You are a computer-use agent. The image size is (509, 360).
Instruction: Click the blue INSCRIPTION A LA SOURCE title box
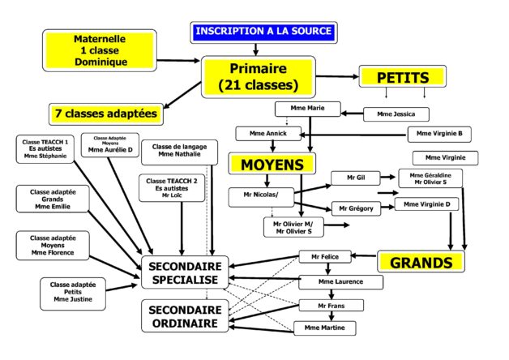[x=264, y=32]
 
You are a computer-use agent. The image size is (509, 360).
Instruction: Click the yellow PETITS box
[x=403, y=78]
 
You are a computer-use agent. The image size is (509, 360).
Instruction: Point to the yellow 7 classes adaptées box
[x=105, y=114]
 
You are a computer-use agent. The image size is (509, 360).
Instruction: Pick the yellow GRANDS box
[x=421, y=263]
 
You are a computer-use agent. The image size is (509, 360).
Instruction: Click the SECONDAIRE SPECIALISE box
[x=186, y=272]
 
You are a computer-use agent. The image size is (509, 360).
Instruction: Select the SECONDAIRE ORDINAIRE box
[x=186, y=316]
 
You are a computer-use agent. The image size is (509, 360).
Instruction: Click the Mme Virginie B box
[x=439, y=134]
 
